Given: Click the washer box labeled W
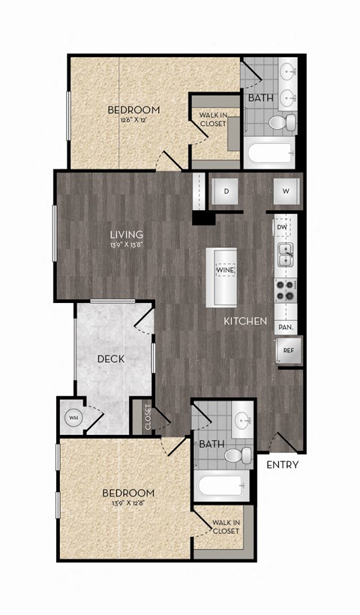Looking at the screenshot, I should coord(286,190).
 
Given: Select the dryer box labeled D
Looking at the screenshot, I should coord(226,190).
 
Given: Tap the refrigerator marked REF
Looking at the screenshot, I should coord(287,349).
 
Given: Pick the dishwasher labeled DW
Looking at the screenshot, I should coord(282,226).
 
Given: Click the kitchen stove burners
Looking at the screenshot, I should coord(286,289).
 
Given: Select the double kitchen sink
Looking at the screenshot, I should coord(286,254).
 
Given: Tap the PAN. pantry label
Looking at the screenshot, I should coord(285,327).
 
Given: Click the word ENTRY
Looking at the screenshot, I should coord(283,465).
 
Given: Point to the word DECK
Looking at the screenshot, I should coord(111,358).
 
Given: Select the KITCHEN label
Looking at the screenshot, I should coord(245,321).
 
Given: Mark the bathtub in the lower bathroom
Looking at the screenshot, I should coord(220,488).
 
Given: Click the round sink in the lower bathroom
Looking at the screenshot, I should coord(243,421).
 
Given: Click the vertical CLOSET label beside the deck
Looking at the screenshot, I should coord(147,417).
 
